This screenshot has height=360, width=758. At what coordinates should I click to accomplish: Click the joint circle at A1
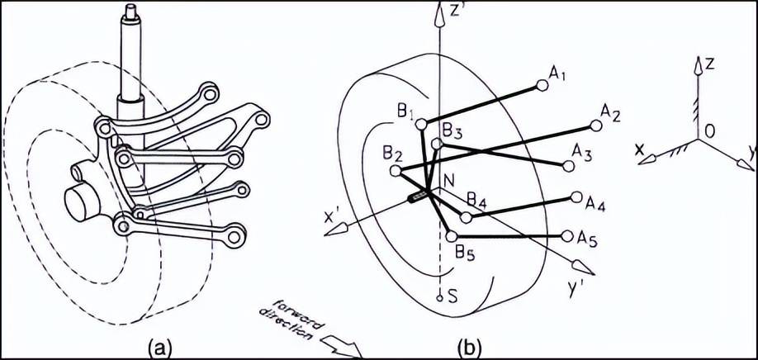(542, 86)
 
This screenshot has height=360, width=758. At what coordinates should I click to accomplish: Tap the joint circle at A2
(596, 126)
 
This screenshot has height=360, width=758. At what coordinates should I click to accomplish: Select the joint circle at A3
(569, 166)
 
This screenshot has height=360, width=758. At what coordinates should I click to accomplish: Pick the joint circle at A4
(576, 197)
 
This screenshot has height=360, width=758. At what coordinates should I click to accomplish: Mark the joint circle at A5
(567, 236)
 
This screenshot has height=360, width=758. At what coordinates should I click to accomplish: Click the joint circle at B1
(422, 125)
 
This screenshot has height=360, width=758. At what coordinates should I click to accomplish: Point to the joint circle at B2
(396, 171)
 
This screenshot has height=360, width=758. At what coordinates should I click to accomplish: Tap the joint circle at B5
(452, 236)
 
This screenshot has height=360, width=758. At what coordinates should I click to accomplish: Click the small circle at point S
(439, 298)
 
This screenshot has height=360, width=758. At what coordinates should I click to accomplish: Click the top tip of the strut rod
(130, 6)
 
